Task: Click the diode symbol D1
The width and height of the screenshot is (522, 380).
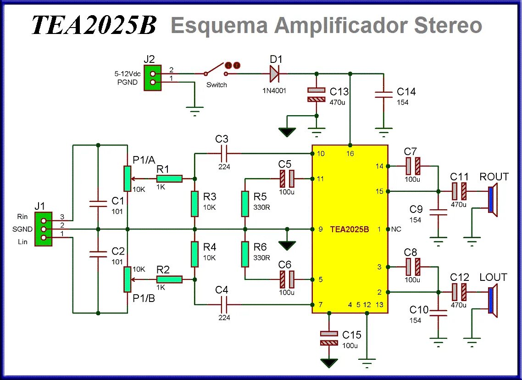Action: pyautogui.click(x=274, y=73)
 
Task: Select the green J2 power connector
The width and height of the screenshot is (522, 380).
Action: pyautogui.click(x=152, y=78)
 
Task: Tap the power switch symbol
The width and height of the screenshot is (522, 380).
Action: pyautogui.click(x=216, y=70)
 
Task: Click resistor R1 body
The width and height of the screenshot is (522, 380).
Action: pyautogui.click(x=169, y=179)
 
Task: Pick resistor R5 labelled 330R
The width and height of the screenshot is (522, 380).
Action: pyautogui.click(x=246, y=204)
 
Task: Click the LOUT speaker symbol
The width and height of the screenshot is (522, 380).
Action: pyautogui.click(x=493, y=301)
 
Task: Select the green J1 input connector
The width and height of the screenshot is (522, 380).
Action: pyautogui.click(x=44, y=229)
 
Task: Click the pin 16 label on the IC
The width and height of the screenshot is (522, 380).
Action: pyautogui.click(x=350, y=153)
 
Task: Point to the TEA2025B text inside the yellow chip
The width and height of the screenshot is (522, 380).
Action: pyautogui.click(x=350, y=229)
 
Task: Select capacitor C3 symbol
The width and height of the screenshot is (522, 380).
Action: pyautogui.click(x=224, y=153)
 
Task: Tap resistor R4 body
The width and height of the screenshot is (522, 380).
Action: pyautogui.click(x=194, y=254)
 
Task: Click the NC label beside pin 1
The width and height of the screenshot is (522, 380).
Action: pyautogui.click(x=396, y=229)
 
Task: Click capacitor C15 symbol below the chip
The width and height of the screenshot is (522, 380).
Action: pyautogui.click(x=328, y=338)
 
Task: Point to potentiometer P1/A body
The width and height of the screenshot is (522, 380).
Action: pyautogui.click(x=127, y=179)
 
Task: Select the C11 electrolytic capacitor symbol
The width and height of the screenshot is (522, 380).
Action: pyautogui.click(x=459, y=190)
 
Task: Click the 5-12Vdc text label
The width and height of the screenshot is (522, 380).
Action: pyautogui.click(x=128, y=74)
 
